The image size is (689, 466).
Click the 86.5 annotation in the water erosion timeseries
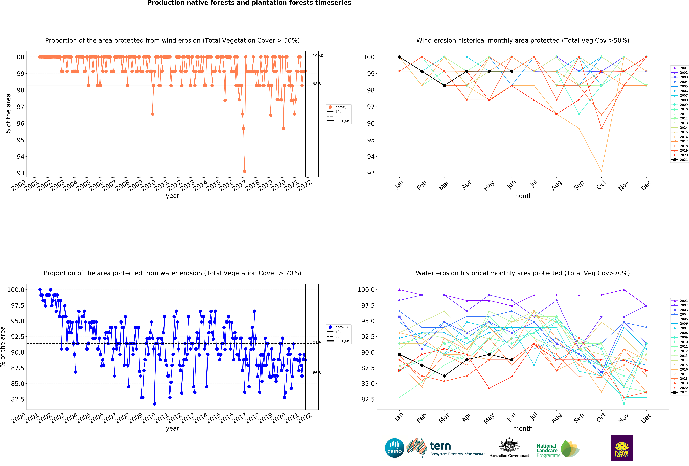pyautogui.click(x=317, y=373)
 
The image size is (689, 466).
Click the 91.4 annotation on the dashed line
pyautogui.click(x=317, y=342)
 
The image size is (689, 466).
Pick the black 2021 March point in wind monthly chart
pyautogui.click(x=444, y=85)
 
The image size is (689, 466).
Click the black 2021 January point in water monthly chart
pyautogui.click(x=399, y=354)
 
